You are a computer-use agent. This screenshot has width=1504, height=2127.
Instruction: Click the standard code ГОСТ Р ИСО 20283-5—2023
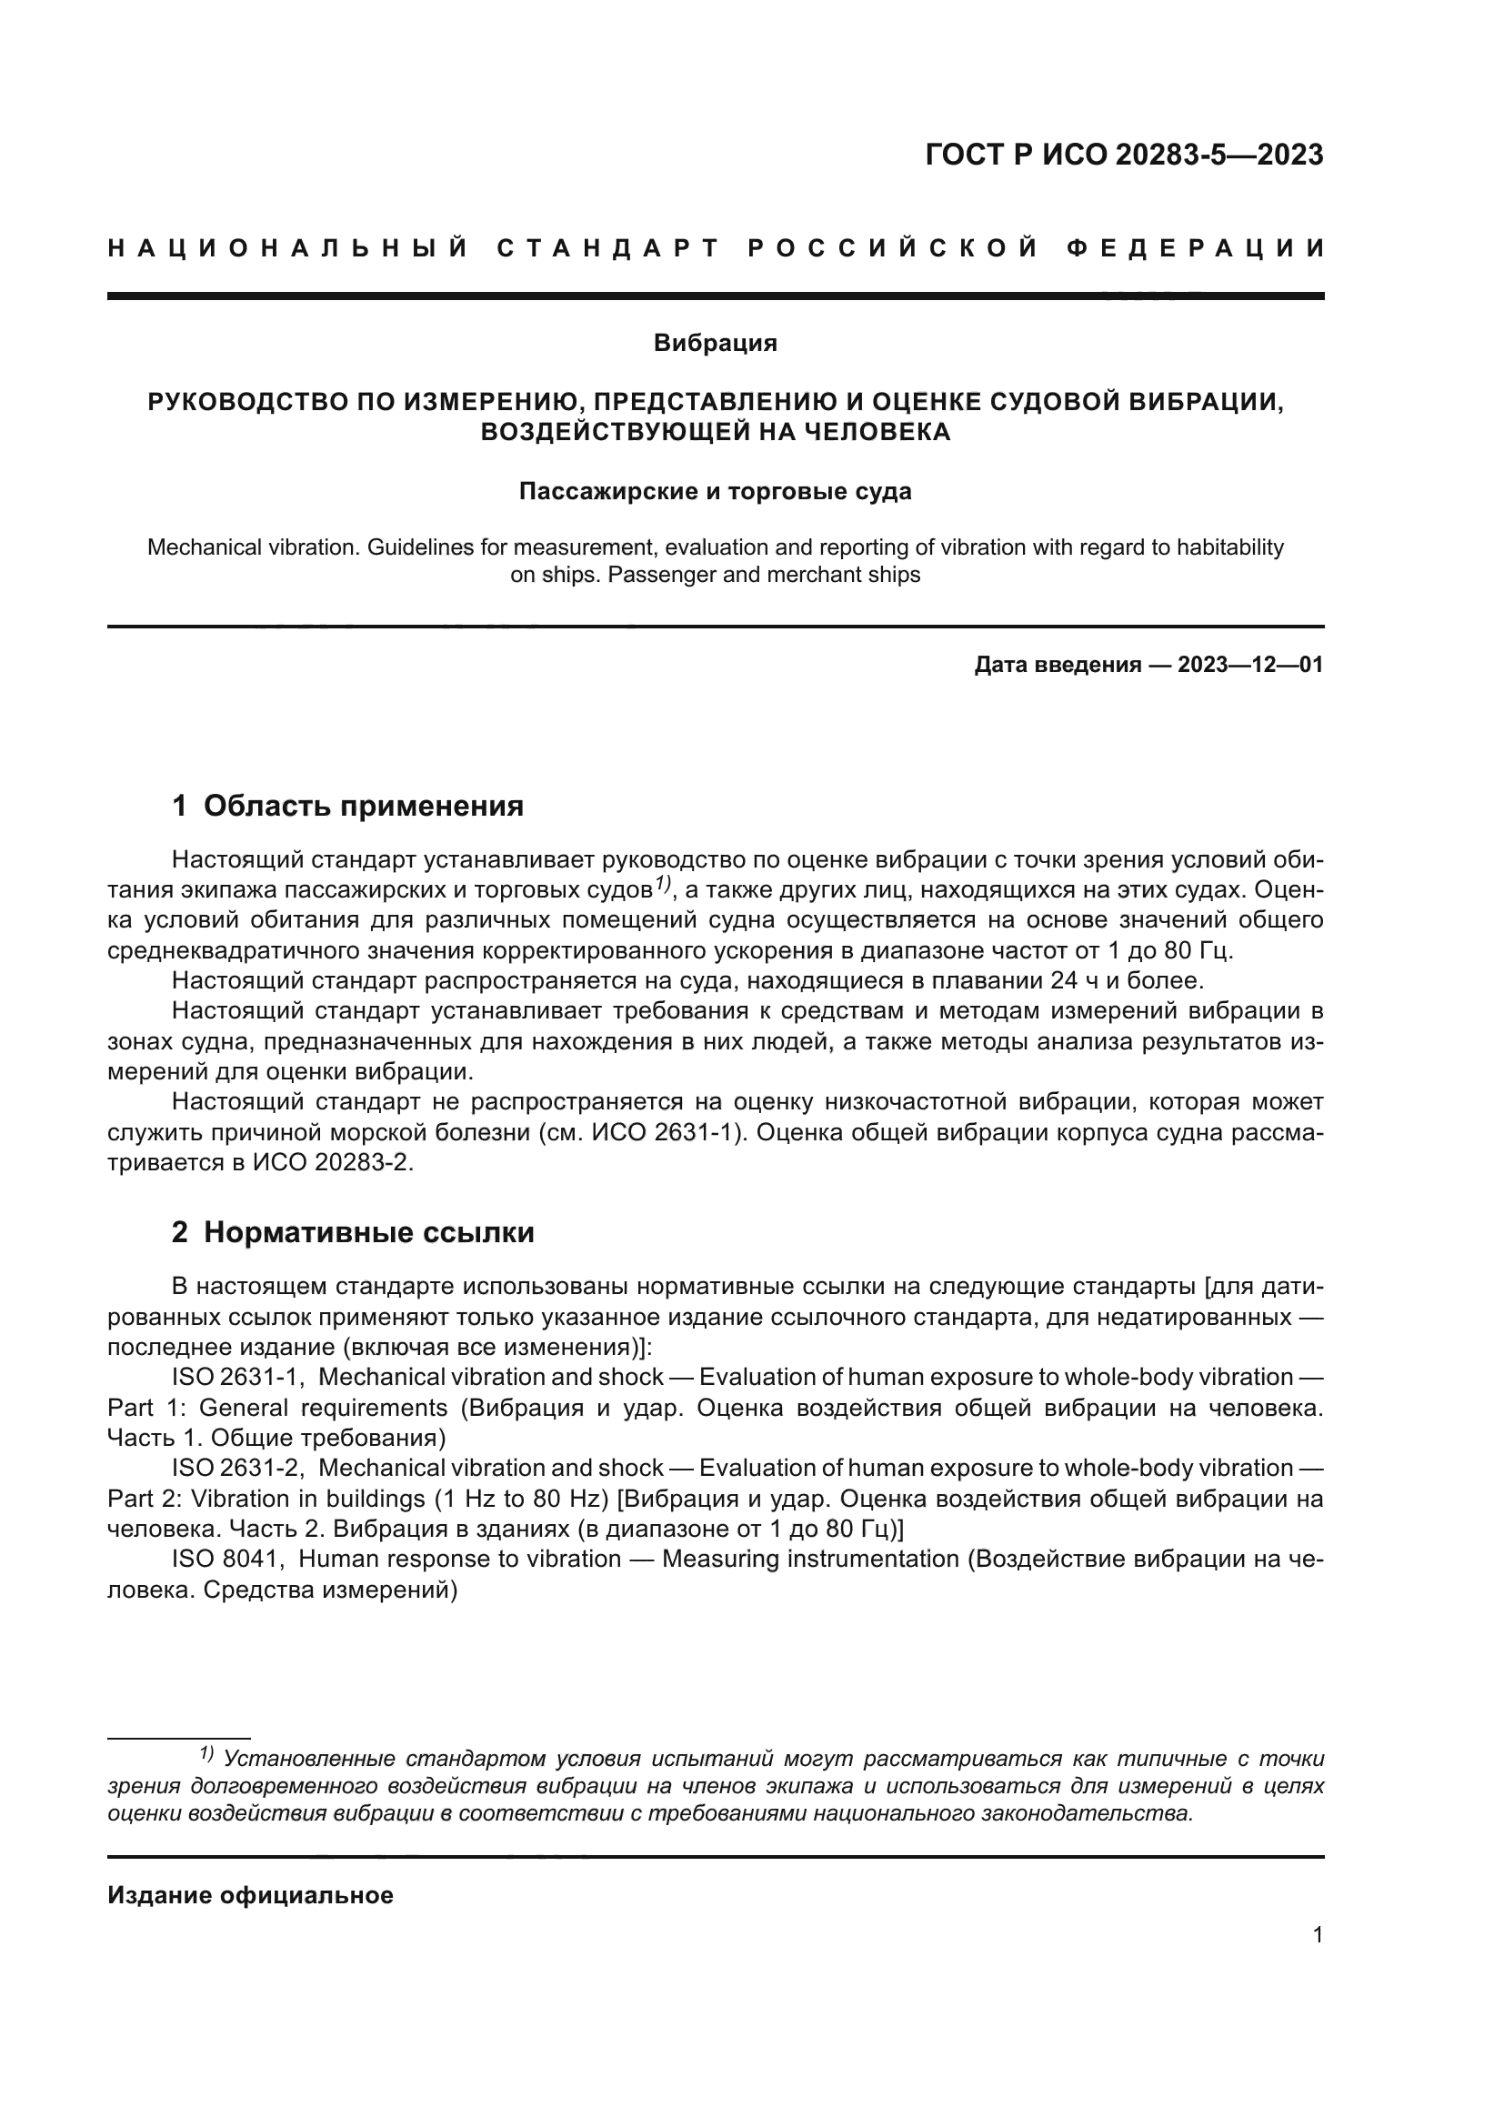pos(1123,155)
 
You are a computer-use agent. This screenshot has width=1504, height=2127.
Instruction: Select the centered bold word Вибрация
pos(715,343)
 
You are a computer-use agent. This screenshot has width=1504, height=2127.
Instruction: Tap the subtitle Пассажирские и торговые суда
pos(715,491)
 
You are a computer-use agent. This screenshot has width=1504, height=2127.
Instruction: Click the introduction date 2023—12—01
pos(1250,664)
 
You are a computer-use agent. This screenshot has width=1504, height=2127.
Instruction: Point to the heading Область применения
pos(363,806)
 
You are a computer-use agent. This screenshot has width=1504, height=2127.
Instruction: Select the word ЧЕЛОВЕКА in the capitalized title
pos(874,432)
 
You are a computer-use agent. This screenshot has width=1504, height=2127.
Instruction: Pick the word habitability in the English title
pos(1230,547)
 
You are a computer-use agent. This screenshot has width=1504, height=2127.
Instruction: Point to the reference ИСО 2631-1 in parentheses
pos(673,1133)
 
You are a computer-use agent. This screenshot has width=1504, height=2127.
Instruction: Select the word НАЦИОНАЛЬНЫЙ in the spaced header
pos(287,248)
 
